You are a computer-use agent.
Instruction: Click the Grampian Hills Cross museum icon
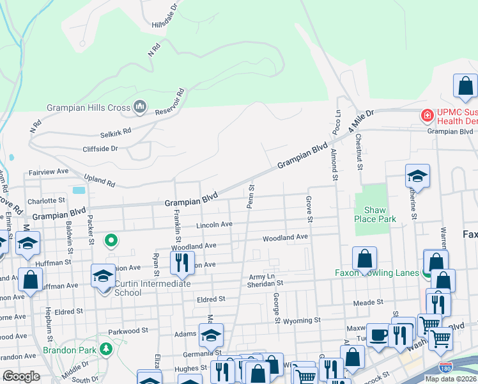140,107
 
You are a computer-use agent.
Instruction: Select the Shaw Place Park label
380,214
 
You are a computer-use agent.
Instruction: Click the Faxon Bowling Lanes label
376,273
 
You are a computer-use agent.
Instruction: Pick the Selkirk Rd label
115,131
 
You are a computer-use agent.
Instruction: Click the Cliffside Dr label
100,148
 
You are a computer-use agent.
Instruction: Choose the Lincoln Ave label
214,225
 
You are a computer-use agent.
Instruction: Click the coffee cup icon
378,335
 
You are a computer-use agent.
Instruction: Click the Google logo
21,376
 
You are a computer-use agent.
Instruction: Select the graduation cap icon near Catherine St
417,175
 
